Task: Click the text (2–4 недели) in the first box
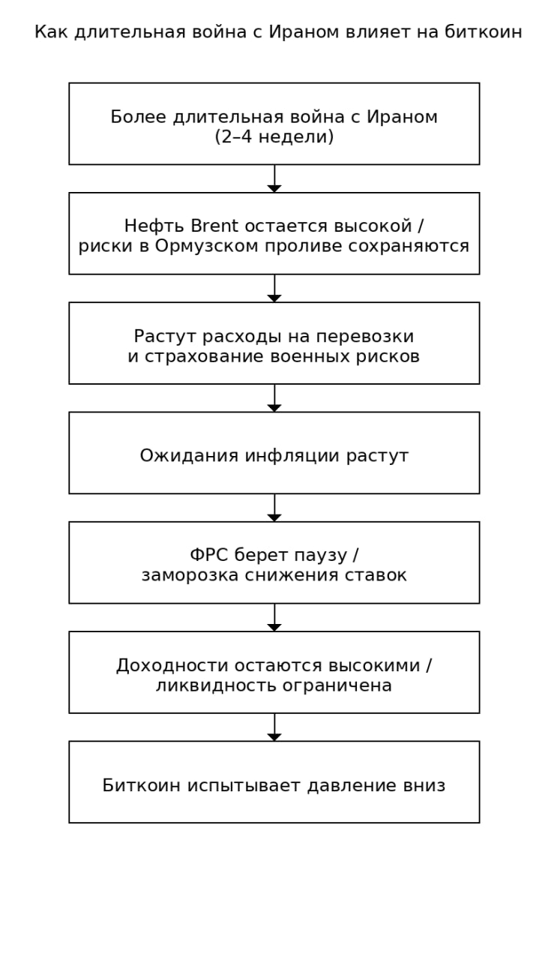pyautogui.click(x=274, y=137)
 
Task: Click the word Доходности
pyautogui.click(x=163, y=665)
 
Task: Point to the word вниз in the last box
pyautogui.click(x=424, y=785)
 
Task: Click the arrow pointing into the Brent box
pyautogui.click(x=274, y=179)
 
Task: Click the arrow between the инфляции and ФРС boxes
pyautogui.click(x=274, y=508)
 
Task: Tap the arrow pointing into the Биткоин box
pyautogui.click(x=274, y=727)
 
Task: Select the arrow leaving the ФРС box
pyautogui.click(x=274, y=617)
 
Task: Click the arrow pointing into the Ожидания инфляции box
pyautogui.click(x=274, y=398)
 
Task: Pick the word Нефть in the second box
pyautogui.click(x=145, y=226)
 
